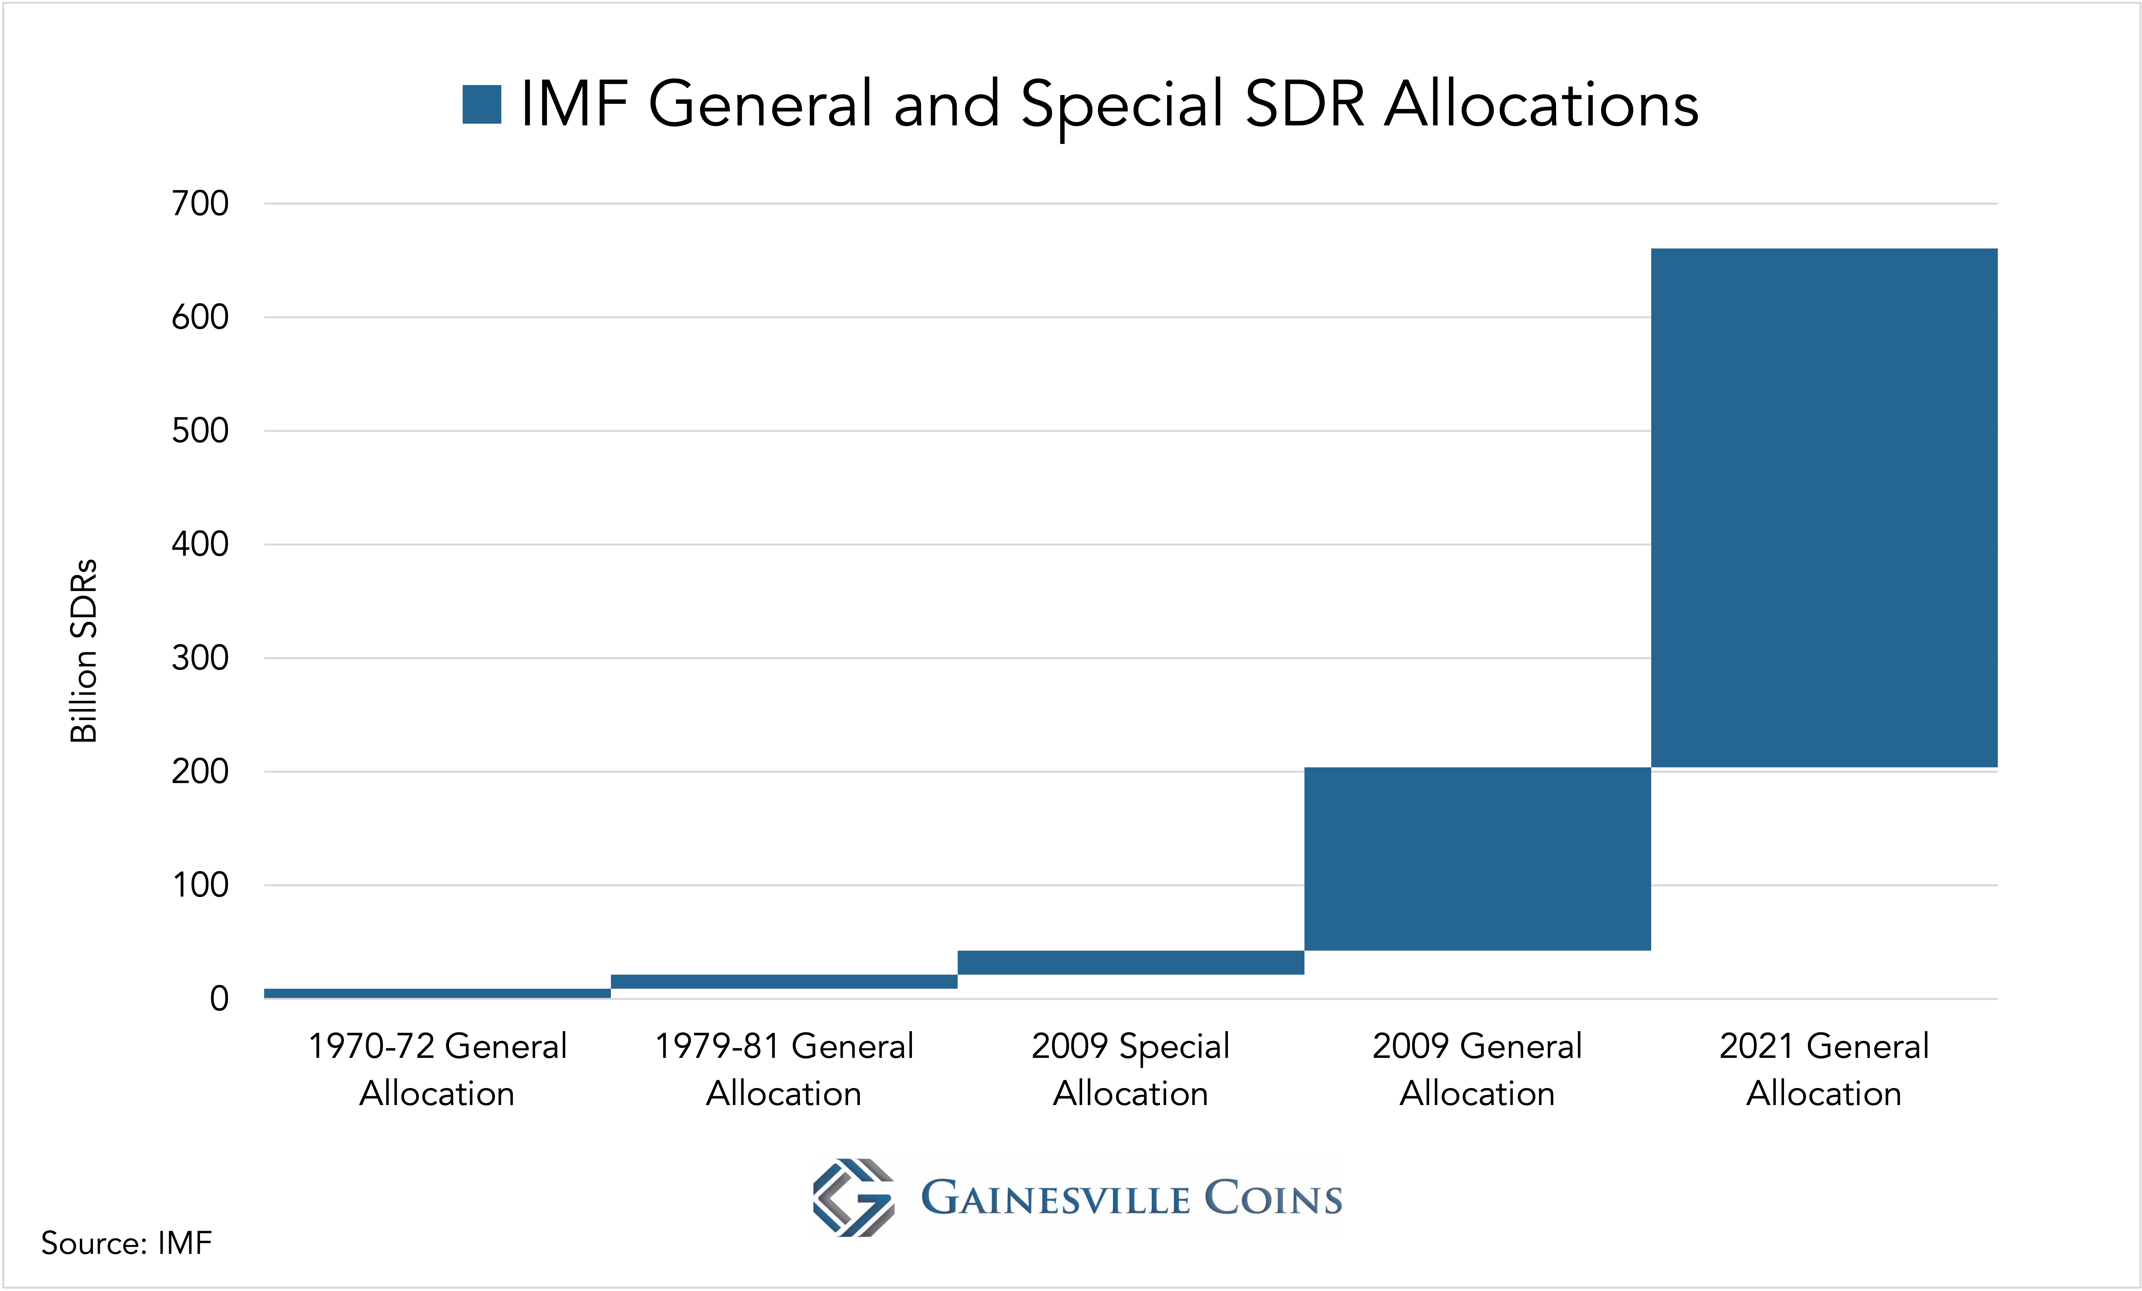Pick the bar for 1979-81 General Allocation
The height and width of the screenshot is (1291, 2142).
784,981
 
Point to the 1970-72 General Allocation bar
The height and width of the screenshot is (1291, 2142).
437,993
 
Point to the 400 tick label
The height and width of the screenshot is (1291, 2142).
200,544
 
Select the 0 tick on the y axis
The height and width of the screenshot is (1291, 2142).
219,999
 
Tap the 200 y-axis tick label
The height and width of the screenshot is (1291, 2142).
200,771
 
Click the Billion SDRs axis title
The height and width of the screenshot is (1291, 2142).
83,650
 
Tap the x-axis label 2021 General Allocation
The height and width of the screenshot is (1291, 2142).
1824,1069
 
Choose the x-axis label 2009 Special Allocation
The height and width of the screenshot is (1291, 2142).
1130,1069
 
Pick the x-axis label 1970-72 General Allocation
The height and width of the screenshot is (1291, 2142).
437,1069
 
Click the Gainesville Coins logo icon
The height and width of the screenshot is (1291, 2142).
853,1197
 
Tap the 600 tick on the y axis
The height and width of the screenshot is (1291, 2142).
200,317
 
